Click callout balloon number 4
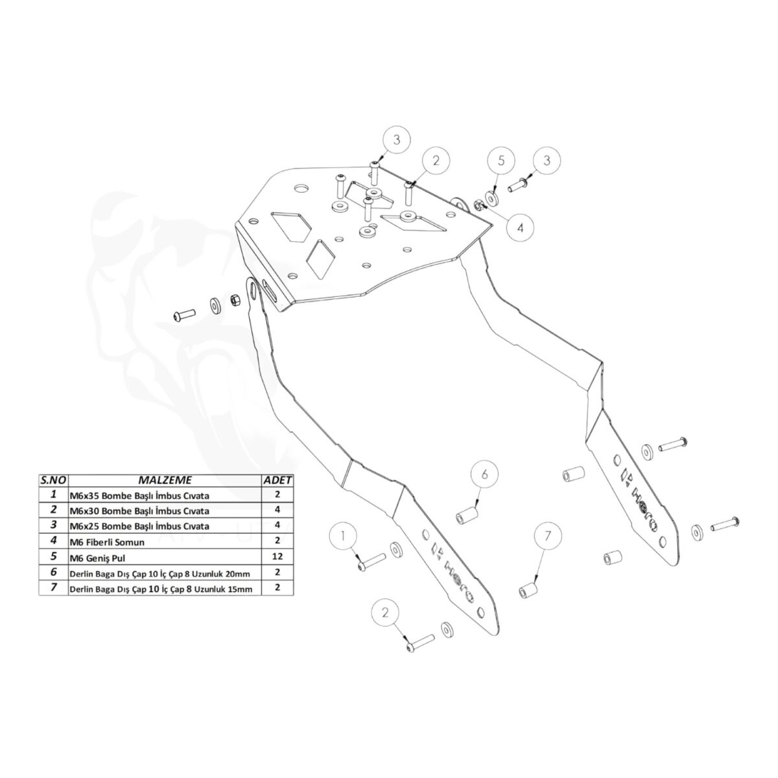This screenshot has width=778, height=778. (x=520, y=228)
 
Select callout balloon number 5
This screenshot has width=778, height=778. (x=501, y=161)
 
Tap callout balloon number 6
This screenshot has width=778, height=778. (x=484, y=473)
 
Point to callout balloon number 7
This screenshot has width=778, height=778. (x=547, y=536)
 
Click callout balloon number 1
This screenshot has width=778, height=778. (x=343, y=536)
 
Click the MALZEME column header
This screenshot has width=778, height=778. (x=165, y=480)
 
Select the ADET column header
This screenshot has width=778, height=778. (x=277, y=480)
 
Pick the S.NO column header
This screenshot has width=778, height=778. (x=54, y=480)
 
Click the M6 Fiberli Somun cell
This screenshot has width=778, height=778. (x=165, y=541)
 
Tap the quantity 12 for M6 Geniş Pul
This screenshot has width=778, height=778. (x=277, y=557)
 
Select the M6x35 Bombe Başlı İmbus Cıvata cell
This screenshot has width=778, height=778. (x=165, y=495)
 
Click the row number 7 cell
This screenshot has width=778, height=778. (x=54, y=587)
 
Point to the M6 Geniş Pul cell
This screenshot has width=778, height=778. (x=165, y=557)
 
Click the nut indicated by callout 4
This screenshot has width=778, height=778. (x=477, y=205)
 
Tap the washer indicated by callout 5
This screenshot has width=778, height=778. (x=491, y=198)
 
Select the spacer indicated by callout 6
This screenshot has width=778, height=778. (x=467, y=516)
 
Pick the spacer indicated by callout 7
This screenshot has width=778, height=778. (x=528, y=591)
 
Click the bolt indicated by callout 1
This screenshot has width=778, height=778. (x=371, y=561)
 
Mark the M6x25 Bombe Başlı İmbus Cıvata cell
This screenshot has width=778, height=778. (x=165, y=526)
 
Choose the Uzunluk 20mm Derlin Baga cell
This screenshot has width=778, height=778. (x=165, y=572)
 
